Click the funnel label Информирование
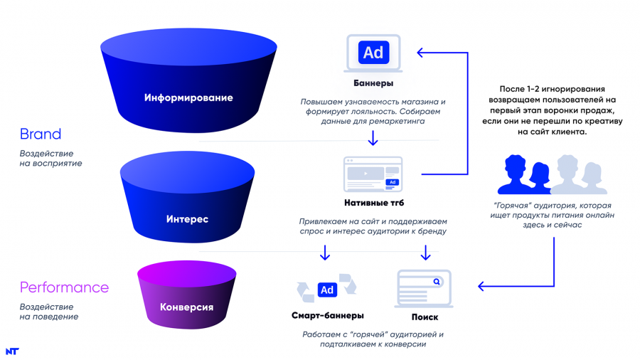[188, 97]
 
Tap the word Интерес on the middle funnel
[187, 219]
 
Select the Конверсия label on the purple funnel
[187, 307]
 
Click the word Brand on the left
[41, 134]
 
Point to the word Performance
[64, 288]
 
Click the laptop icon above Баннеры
[373, 53]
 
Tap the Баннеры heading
[373, 84]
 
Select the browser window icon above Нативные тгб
[373, 174]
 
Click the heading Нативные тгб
[373, 203]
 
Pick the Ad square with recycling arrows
[326, 290]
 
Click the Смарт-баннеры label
[328, 316]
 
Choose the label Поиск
[425, 317]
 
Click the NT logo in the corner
[11, 351]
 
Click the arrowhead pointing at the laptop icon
[420, 52]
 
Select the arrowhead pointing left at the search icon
[481, 287]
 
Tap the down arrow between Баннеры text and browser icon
[373, 139]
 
